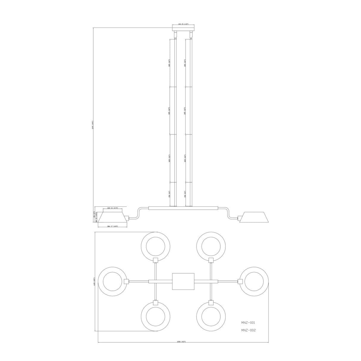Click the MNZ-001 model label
pos(248,322)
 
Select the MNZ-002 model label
pos(248,330)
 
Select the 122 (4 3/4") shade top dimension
pos(113,208)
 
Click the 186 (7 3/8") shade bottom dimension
pos(113,227)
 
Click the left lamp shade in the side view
pos(113,217)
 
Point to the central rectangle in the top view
pos(183,282)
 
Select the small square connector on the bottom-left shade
pos(155,303)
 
